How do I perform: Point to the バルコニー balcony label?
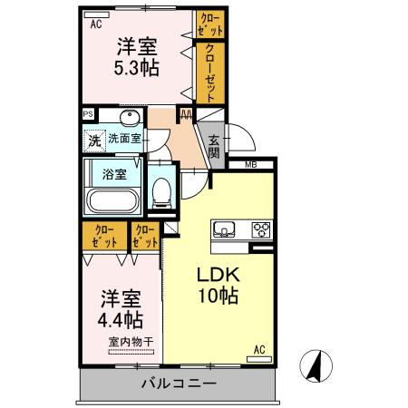click(178, 384)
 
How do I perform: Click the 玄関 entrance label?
click(213, 145)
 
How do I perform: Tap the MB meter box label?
click(250, 165)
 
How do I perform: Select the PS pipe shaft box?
click(88, 114)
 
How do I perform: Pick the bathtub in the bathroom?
click(112, 200)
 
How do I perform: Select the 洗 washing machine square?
click(94, 141)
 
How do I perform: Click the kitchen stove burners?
click(261, 228)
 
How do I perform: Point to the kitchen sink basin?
click(224, 228)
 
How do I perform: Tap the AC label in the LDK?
click(258, 349)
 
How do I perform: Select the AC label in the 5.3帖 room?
click(95, 25)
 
